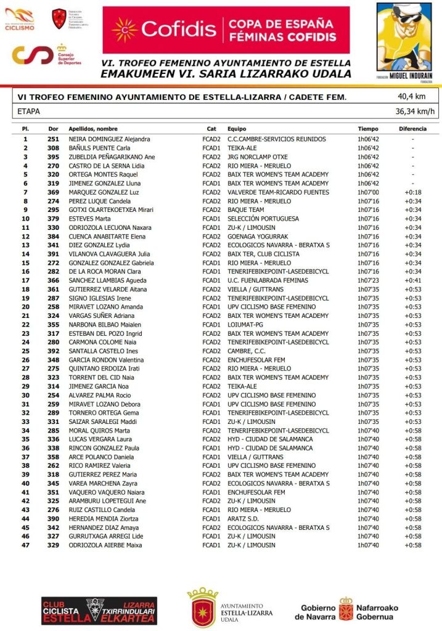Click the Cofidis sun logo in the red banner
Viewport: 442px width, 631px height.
click(x=125, y=30)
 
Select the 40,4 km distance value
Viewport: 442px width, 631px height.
click(x=411, y=97)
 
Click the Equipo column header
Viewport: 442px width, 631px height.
click(x=237, y=129)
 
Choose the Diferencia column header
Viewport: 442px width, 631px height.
click(x=412, y=129)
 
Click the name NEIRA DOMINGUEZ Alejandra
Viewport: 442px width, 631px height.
click(x=109, y=139)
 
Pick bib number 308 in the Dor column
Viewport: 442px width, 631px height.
click(x=53, y=148)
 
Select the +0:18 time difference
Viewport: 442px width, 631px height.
click(x=412, y=192)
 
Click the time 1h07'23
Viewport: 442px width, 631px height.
click(x=368, y=280)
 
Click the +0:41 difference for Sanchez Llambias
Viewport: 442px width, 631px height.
click(x=412, y=280)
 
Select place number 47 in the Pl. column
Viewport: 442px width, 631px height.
click(x=25, y=545)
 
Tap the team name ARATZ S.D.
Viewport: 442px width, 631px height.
click(x=244, y=519)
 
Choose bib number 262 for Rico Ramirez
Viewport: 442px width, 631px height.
click(x=53, y=466)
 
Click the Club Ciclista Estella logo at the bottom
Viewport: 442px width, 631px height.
click(x=99, y=610)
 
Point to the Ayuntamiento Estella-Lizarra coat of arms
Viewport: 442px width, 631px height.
click(x=203, y=607)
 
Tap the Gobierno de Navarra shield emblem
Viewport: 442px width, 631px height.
click(x=346, y=608)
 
